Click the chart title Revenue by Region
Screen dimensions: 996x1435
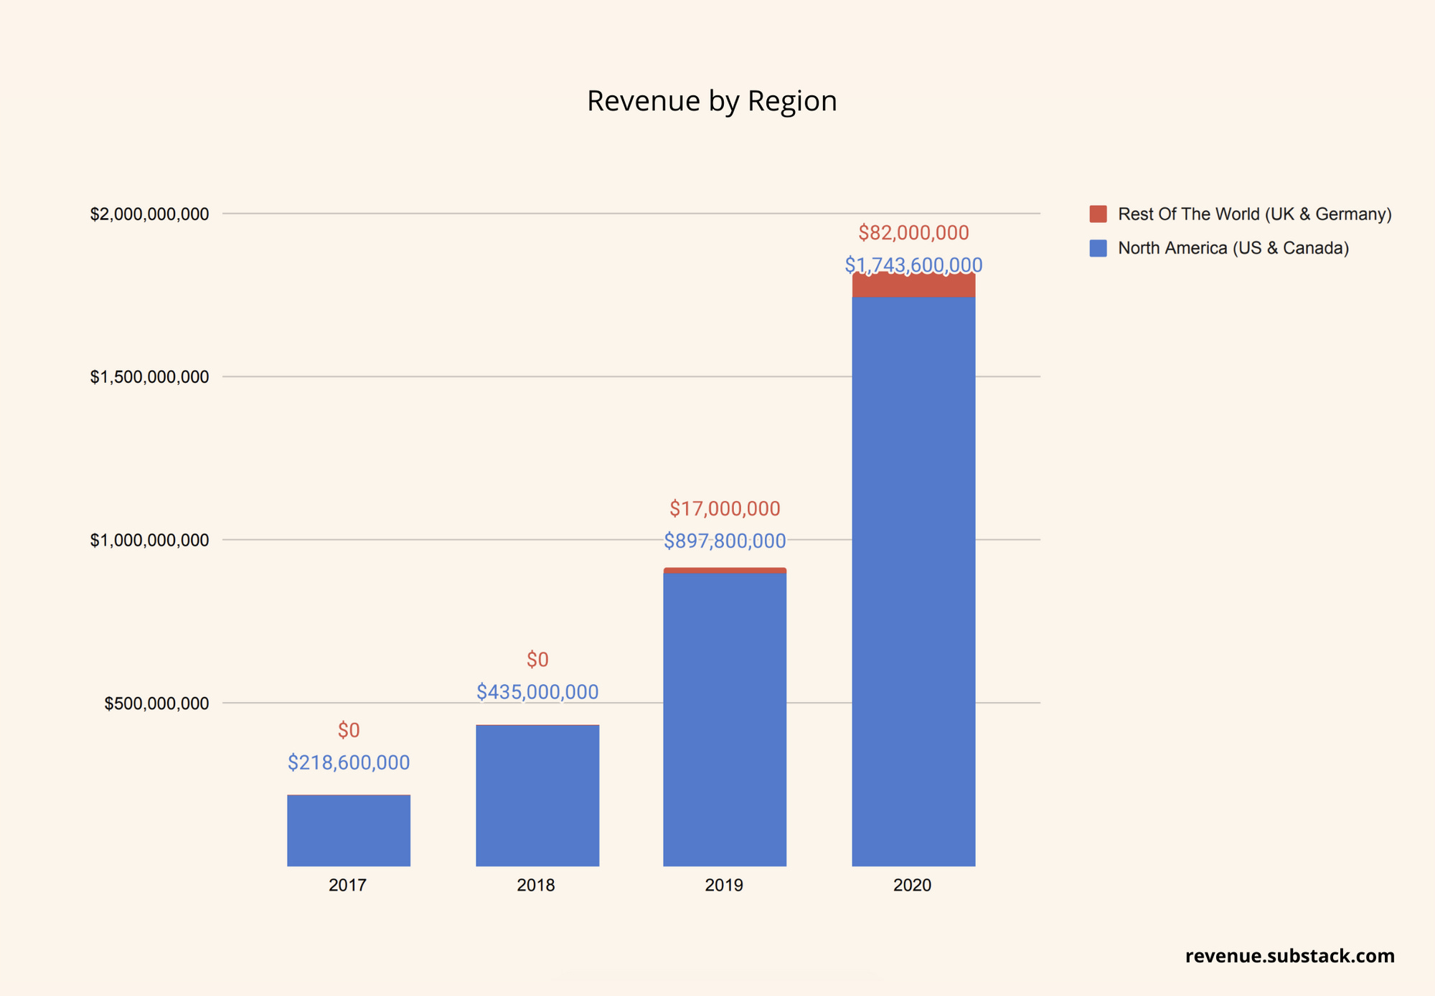712,101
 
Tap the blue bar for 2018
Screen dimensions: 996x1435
537,795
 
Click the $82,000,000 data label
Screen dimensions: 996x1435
913,233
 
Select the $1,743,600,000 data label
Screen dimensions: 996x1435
913,265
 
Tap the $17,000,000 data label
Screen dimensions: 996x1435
725,509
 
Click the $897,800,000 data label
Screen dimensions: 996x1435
725,541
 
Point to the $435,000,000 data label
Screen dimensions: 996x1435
537,692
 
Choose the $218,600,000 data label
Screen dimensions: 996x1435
349,763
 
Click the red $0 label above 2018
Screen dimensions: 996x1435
537,660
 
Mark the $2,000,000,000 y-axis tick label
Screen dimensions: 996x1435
149,214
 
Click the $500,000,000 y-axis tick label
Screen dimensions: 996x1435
156,703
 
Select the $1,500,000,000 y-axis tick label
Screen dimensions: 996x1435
149,377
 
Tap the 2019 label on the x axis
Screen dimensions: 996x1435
724,886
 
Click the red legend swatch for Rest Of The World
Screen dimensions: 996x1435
1098,214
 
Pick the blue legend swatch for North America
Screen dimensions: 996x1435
1098,248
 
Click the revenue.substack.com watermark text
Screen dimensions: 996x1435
1289,956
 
